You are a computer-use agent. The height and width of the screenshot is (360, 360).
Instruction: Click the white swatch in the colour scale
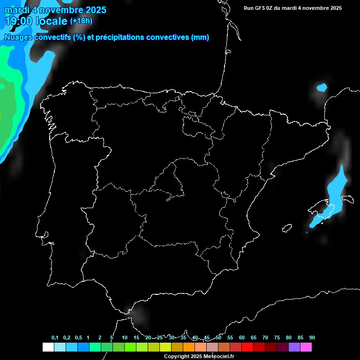click(x=48, y=347)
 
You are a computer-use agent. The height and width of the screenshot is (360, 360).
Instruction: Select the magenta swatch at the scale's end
click(x=306, y=347)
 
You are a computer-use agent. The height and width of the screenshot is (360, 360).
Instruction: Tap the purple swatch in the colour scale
click(x=294, y=347)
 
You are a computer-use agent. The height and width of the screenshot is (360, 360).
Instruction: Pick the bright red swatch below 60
click(x=247, y=347)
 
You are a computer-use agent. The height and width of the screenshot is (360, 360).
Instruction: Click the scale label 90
click(x=312, y=337)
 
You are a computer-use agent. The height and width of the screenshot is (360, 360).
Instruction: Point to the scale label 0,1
click(x=55, y=337)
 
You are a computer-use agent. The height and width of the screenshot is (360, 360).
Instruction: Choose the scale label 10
click(x=125, y=337)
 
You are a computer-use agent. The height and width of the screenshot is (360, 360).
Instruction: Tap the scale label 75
click(x=277, y=337)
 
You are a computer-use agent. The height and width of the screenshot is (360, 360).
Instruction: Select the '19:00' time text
click(x=19, y=21)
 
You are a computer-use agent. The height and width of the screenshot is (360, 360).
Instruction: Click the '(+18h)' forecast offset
click(x=81, y=21)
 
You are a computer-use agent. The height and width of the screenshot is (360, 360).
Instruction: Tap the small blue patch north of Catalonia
click(x=322, y=87)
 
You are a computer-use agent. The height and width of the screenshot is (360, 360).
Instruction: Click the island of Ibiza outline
click(x=286, y=228)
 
